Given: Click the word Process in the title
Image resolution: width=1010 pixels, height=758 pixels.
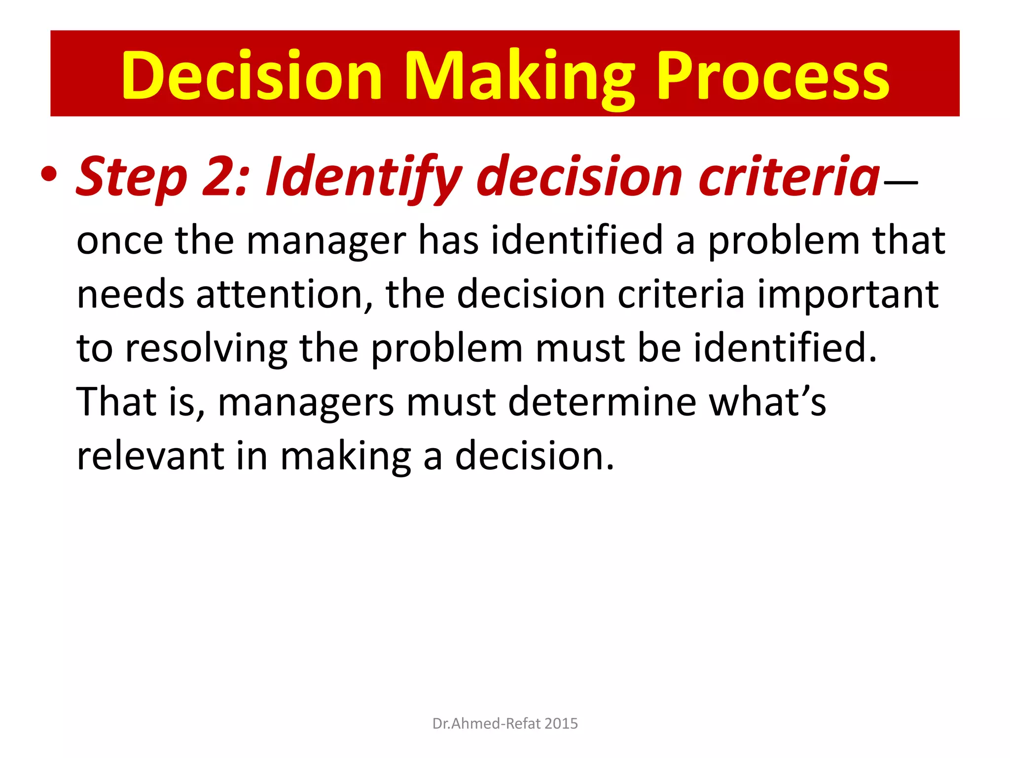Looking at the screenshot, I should tap(773, 76).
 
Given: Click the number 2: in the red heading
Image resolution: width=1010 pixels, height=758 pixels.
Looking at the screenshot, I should tap(224, 177).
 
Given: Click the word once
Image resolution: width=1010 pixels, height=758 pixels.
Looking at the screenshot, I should tap(120, 241).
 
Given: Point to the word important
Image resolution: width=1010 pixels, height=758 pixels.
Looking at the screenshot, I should tap(847, 295).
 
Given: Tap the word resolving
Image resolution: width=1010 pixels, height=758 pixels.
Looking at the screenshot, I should tap(206, 349).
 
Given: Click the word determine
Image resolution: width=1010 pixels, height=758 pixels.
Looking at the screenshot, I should tap(602, 402).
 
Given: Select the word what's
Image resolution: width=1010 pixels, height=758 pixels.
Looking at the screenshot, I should tap(767, 402).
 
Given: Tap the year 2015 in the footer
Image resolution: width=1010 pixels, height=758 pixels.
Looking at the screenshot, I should tap(562, 723).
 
